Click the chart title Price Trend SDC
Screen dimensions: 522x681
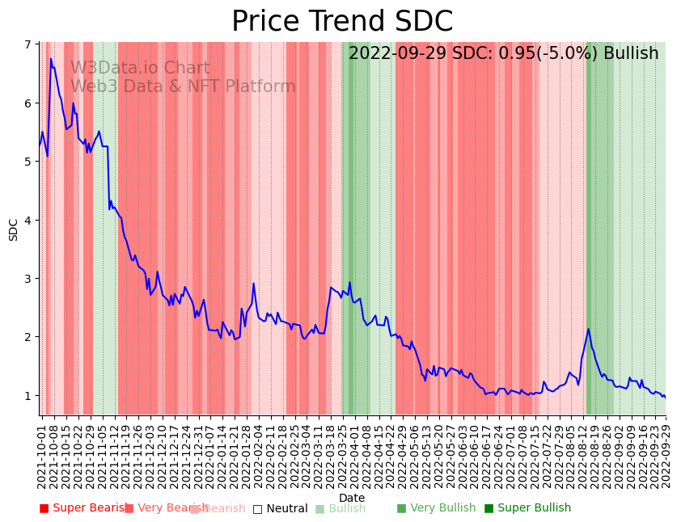click(342, 21)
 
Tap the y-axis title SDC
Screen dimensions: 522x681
click(14, 229)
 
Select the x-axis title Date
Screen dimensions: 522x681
click(352, 498)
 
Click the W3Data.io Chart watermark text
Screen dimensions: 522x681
click(140, 69)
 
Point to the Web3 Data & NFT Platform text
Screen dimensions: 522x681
click(183, 86)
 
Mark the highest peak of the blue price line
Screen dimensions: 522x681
click(51, 58)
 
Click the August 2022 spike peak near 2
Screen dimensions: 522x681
click(588, 329)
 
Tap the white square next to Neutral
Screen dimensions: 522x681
click(257, 508)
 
